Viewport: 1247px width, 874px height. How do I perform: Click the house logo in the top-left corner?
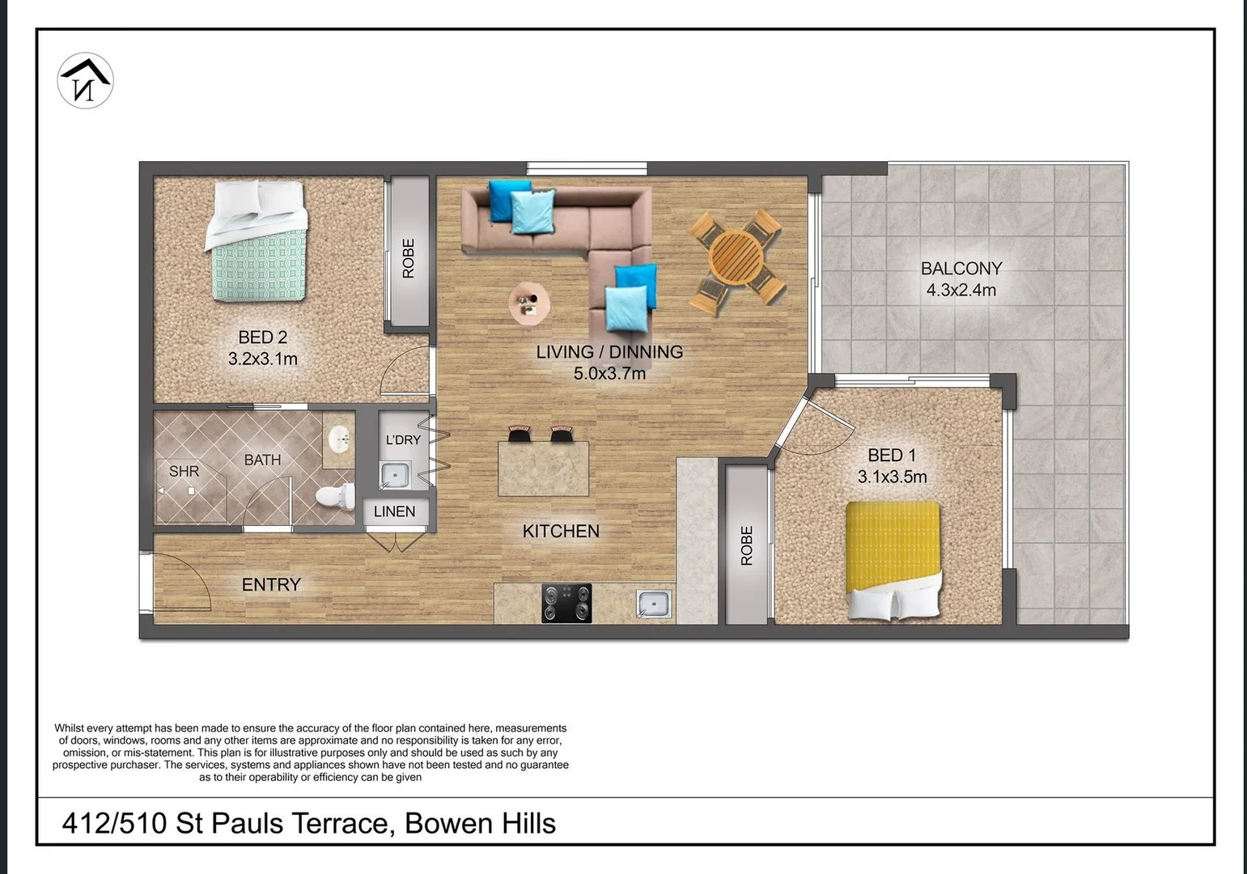click(85, 80)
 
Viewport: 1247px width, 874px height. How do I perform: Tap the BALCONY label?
click(961, 269)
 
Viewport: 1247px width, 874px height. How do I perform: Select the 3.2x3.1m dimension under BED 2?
click(262, 359)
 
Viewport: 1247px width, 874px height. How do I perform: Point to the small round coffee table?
click(529, 303)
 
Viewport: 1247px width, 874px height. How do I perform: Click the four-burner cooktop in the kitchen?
click(566, 603)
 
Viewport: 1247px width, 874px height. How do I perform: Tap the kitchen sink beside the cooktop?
click(653, 604)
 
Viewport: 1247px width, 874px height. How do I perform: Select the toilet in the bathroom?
click(337, 496)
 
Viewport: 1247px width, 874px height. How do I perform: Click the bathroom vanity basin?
click(339, 440)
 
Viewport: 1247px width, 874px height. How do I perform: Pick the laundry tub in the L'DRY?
click(395, 474)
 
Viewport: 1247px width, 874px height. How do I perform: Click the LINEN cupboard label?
click(394, 511)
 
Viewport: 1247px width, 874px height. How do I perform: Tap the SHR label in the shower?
click(184, 471)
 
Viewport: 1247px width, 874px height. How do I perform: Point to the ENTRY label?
click(271, 584)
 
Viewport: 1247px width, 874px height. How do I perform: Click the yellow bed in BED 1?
click(893, 558)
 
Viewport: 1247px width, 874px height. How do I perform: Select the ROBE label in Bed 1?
click(746, 545)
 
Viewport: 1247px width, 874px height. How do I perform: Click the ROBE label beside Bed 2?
click(409, 258)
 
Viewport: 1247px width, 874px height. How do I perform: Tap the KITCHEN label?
click(561, 532)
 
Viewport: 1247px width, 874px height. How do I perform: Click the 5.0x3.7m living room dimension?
click(609, 374)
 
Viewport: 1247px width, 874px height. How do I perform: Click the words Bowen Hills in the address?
click(480, 823)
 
